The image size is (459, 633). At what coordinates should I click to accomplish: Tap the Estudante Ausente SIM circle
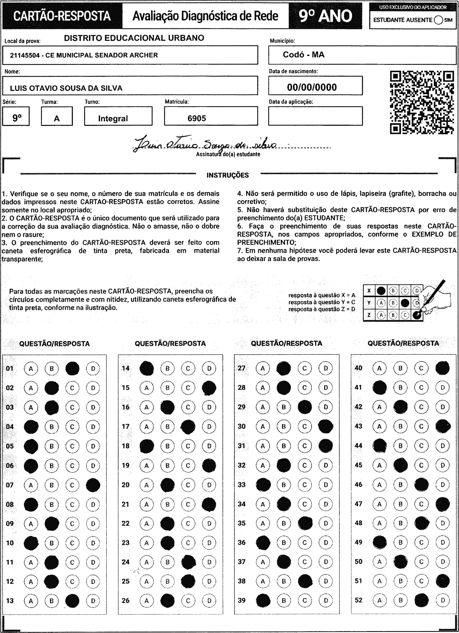coord(439,20)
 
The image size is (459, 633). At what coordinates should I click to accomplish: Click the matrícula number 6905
coord(197,118)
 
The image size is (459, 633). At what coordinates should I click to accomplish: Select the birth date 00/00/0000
coord(312,87)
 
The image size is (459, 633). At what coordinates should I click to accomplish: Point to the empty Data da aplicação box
coord(315,116)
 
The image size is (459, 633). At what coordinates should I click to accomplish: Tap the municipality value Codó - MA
coord(304,54)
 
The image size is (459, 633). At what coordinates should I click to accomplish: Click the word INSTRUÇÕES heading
coord(227,175)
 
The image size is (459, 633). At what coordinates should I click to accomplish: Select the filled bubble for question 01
coord(72,368)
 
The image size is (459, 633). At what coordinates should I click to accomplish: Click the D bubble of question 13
coord(93,601)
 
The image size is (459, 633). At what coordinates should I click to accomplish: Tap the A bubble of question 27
coord(263,368)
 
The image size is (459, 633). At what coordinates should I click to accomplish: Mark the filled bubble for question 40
coord(442,368)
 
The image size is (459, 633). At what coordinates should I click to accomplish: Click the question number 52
coord(358,600)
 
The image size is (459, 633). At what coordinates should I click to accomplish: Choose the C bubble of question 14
coord(188,368)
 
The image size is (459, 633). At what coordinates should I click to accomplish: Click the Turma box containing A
coord(57,116)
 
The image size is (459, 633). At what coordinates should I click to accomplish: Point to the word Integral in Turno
coord(113,119)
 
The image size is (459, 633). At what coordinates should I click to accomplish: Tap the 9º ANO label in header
coord(326,16)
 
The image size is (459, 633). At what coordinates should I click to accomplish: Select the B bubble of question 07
coord(52,485)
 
